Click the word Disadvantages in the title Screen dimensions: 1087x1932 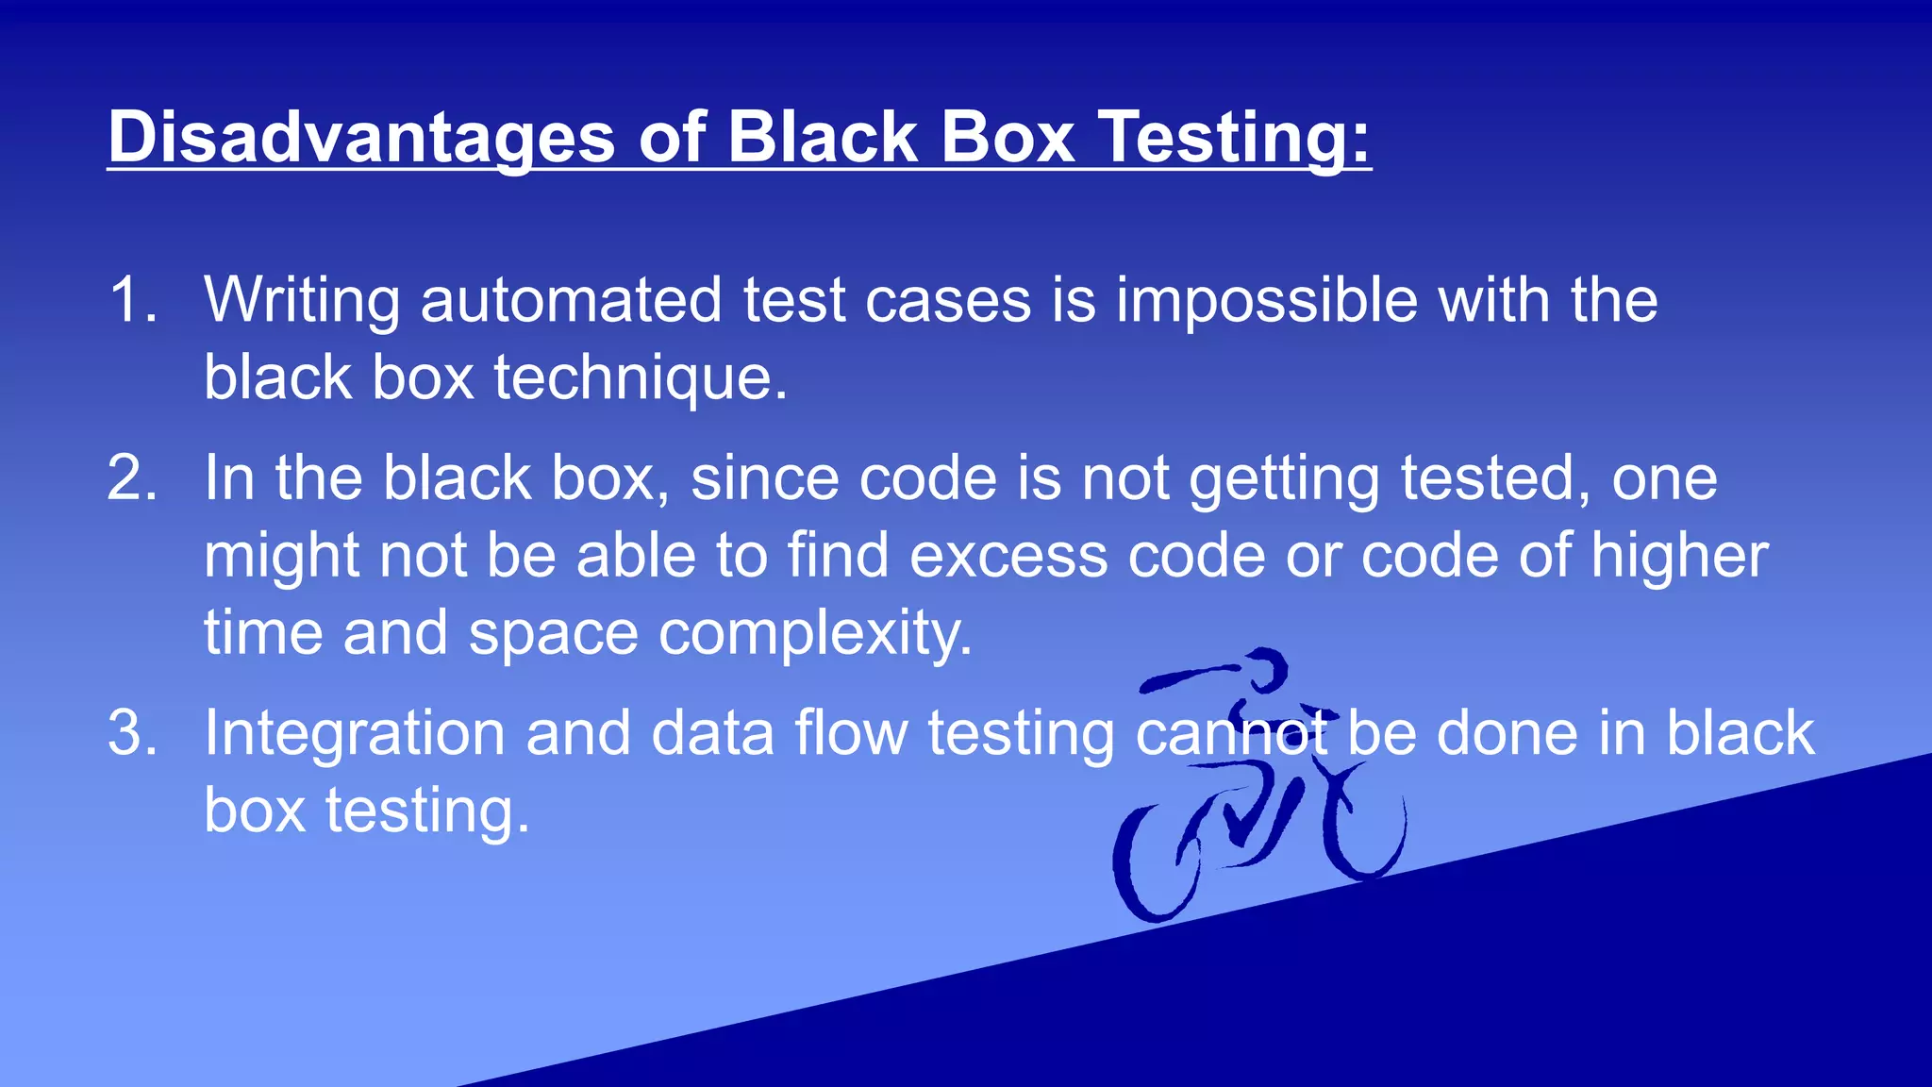361,138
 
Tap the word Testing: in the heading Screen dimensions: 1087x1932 1235,138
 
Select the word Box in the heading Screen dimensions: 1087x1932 1008,138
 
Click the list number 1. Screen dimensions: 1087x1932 132,301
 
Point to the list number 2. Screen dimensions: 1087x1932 132,478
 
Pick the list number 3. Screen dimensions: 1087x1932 132,733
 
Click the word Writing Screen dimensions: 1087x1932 302,301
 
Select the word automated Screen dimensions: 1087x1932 571,301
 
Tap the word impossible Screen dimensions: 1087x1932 1267,301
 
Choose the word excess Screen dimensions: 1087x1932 1008,556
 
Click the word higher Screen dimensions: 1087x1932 1679,556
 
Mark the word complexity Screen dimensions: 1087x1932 815,633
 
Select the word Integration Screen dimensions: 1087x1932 355,733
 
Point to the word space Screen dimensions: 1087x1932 553,633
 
